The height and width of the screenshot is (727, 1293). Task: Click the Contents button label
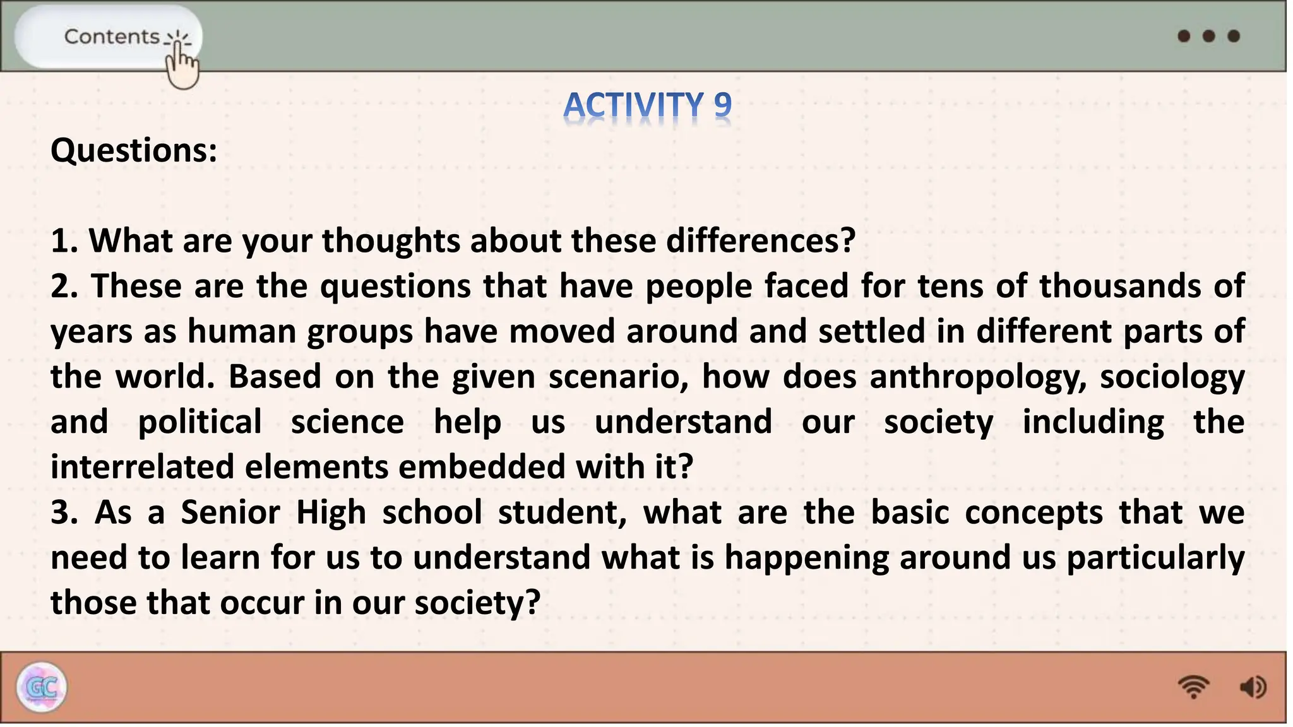(x=112, y=37)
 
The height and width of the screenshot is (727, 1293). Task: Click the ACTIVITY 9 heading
(x=647, y=105)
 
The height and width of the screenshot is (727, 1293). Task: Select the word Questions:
(x=134, y=151)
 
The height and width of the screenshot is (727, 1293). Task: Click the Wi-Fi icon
(x=1193, y=687)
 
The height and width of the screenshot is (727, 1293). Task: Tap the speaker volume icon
(x=1253, y=687)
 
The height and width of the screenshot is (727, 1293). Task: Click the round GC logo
(x=42, y=687)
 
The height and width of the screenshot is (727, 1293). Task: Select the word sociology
(x=1172, y=377)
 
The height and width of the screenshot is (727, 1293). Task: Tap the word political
(x=200, y=422)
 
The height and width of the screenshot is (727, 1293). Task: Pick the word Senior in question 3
(x=230, y=512)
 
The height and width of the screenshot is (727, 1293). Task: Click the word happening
(x=806, y=558)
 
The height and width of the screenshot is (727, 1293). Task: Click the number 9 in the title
(x=722, y=105)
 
